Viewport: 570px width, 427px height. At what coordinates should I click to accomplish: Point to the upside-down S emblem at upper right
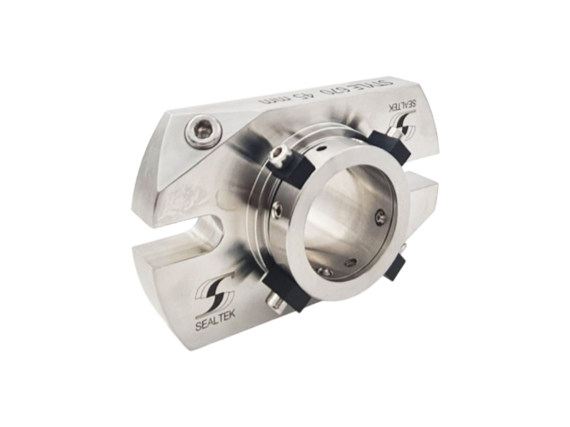(404, 128)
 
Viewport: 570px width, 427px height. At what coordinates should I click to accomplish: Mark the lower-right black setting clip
(396, 265)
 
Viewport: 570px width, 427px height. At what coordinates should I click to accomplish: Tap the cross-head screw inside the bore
(380, 216)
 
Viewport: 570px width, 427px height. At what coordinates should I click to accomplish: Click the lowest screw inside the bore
(325, 272)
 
